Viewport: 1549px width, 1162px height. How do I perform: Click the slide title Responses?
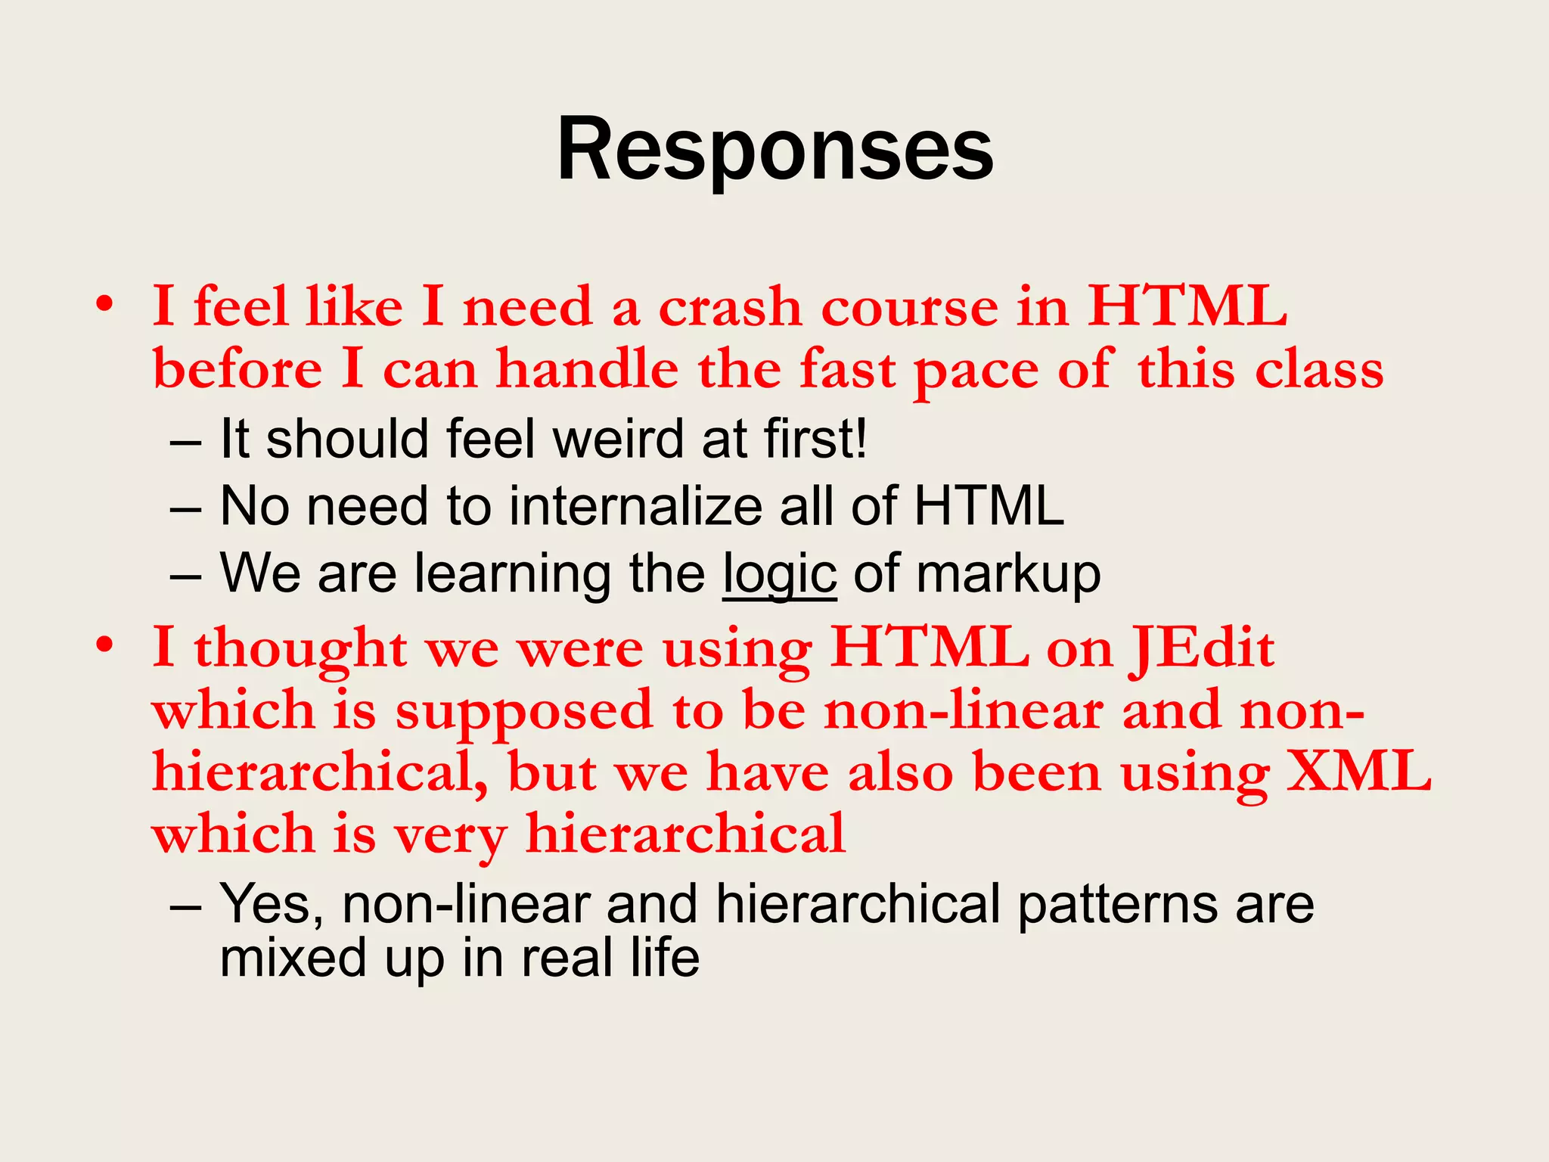(x=774, y=151)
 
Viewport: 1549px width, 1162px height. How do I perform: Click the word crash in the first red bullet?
(x=729, y=308)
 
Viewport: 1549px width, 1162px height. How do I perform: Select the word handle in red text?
(x=587, y=370)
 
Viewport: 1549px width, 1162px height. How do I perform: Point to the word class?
(x=1319, y=370)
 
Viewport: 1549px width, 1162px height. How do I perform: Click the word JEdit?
(x=1203, y=649)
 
